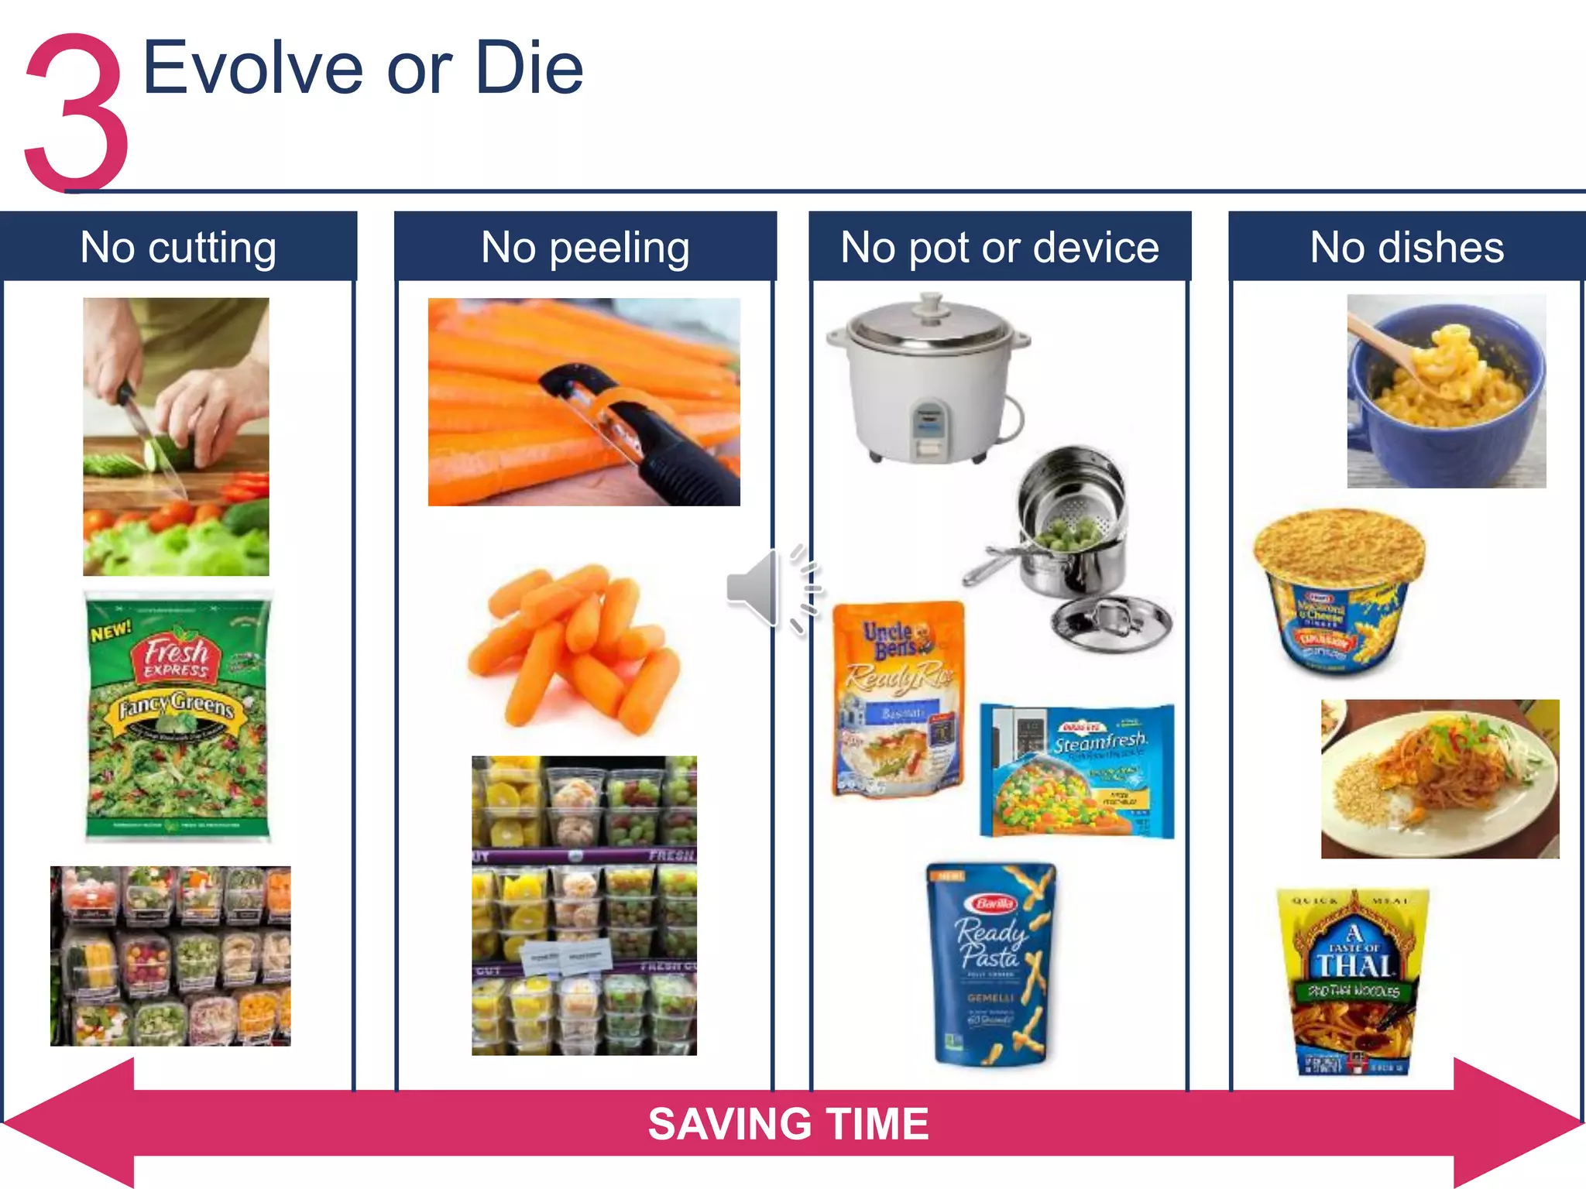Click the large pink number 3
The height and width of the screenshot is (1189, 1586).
(x=76, y=112)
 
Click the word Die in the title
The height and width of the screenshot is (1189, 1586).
(x=529, y=70)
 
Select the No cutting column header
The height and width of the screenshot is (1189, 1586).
(x=178, y=247)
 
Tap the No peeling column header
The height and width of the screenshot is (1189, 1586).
(x=585, y=247)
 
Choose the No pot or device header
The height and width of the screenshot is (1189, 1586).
(x=999, y=247)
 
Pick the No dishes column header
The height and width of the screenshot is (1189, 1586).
(x=1406, y=247)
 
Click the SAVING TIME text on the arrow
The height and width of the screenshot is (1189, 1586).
(x=788, y=1124)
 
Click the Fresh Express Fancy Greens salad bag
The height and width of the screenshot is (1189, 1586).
(x=178, y=716)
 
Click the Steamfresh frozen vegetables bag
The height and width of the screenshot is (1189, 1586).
(x=1076, y=770)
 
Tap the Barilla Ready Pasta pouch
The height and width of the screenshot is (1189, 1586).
(x=991, y=964)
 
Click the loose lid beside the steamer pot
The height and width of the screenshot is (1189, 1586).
(x=1111, y=623)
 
